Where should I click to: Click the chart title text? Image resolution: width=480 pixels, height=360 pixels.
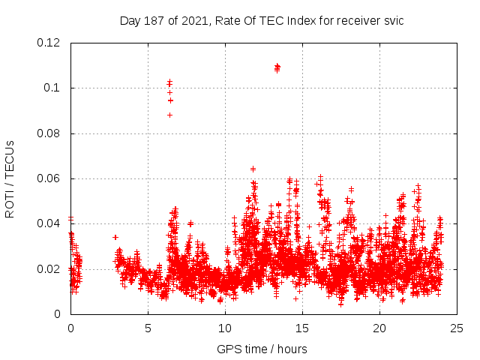tap(262, 20)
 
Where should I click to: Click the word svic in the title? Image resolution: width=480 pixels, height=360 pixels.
tap(392, 20)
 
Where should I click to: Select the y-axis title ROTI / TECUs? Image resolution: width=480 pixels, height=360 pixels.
tap(10, 178)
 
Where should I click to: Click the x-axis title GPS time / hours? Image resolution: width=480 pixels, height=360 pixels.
tap(262, 349)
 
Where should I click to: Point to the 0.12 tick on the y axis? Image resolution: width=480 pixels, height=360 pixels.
tap(49, 43)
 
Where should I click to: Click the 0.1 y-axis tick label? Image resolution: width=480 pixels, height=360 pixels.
tap(53, 88)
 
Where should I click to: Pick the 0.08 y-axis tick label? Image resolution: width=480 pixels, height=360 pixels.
tap(49, 133)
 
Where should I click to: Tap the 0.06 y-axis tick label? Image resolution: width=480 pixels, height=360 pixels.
tap(49, 178)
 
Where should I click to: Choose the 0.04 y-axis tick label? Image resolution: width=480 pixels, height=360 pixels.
tap(49, 223)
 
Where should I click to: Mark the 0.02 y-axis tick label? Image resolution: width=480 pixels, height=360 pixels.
tap(49, 268)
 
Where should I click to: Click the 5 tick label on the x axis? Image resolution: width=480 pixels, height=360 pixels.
tap(148, 328)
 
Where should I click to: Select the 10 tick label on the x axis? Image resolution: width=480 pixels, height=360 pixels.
tap(225, 328)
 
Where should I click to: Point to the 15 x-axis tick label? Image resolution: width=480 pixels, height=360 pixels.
tap(302, 328)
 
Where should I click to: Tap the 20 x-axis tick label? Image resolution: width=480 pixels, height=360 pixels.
tap(379, 328)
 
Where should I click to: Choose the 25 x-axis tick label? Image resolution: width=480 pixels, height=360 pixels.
tap(457, 328)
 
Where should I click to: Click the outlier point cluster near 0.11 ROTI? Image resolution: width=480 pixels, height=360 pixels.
tap(277, 68)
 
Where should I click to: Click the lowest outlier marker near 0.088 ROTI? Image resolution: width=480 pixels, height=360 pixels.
tap(169, 115)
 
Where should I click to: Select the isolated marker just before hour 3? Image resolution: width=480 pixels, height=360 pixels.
tap(115, 237)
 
